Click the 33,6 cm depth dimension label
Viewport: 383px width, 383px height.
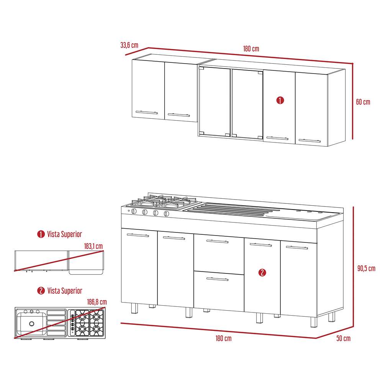pyautogui.click(x=129, y=45)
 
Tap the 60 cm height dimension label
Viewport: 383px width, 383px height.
pyautogui.click(x=363, y=102)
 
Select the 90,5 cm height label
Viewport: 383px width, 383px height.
pyautogui.click(x=366, y=268)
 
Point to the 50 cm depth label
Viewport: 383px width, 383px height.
pyautogui.click(x=344, y=338)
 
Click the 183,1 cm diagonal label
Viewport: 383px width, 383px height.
pyautogui.click(x=93, y=246)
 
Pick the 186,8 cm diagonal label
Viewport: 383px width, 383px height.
pyautogui.click(x=97, y=302)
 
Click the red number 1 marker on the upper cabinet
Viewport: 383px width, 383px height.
pyautogui.click(x=280, y=100)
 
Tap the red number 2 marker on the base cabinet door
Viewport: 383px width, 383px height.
pyautogui.click(x=262, y=272)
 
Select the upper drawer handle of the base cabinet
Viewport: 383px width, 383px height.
pyautogui.click(x=217, y=241)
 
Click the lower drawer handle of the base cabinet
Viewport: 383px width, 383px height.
pyautogui.click(x=217, y=279)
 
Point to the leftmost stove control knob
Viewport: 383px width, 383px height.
pyautogui.click(x=134, y=211)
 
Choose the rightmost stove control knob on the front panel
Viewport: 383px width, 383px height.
pyautogui.click(x=166, y=214)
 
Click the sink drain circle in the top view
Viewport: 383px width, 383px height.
pyautogui.click(x=32, y=324)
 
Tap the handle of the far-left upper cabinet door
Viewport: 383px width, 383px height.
pyautogui.click(x=147, y=113)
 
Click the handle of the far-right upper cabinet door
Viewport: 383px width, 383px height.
pyautogui.click(x=309, y=141)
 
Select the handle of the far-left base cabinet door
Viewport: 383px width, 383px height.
pyautogui.click(x=138, y=235)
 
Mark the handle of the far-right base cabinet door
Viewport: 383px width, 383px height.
pyautogui.click(x=297, y=248)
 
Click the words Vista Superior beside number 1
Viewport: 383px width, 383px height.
pyautogui.click(x=64, y=234)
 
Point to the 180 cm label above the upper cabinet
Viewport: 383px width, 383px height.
pyautogui.click(x=251, y=49)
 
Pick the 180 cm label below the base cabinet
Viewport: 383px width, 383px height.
pyautogui.click(x=224, y=338)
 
